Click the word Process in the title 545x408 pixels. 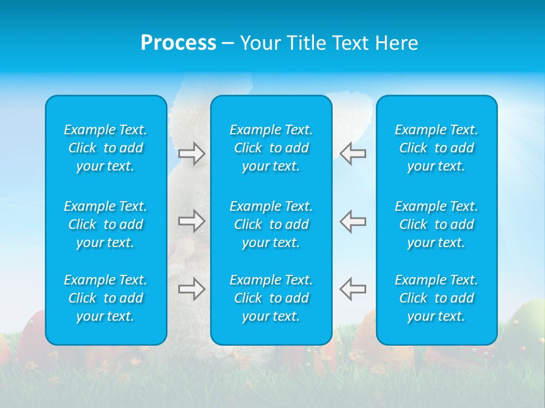click(178, 43)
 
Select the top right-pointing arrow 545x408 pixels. click(191, 153)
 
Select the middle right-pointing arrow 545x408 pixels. click(191, 221)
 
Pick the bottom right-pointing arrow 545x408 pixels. click(191, 289)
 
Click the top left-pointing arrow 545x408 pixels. click(353, 153)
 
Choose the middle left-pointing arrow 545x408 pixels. click(353, 221)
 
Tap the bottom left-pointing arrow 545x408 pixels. click(353, 289)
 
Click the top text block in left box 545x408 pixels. click(106, 148)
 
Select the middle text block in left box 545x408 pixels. click(106, 224)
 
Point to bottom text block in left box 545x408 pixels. click(106, 298)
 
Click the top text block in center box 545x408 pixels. click(271, 148)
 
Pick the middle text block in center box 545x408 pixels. click(271, 224)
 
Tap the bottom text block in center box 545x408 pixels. click(271, 298)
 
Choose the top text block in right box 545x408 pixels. click(437, 148)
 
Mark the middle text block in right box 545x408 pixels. click(437, 224)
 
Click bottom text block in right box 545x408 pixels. click(437, 298)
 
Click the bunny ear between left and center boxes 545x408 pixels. click(187, 113)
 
